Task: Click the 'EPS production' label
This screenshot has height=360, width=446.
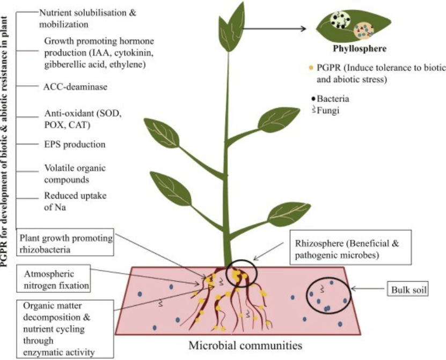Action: [74, 144]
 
